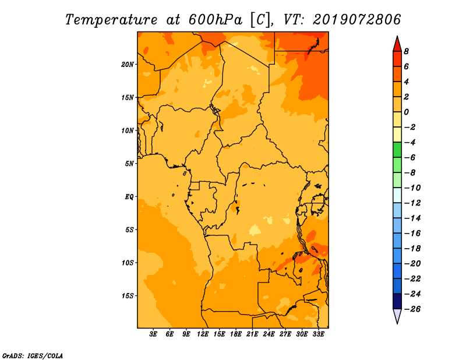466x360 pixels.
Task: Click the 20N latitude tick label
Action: [x=128, y=65]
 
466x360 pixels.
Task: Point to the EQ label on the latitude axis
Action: [x=129, y=197]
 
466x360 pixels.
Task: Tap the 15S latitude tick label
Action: [x=128, y=296]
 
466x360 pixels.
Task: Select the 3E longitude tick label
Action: [x=153, y=334]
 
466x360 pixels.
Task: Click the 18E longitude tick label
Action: [x=236, y=334]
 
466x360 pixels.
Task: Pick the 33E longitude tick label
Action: [x=318, y=334]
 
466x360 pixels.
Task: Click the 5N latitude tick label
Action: [x=129, y=164]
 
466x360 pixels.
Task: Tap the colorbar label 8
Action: [x=406, y=51]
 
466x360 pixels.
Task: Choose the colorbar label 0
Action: [x=406, y=112]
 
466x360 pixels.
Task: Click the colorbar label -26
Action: [x=412, y=309]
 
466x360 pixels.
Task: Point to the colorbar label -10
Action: [x=412, y=188]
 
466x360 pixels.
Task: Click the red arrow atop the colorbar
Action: [x=397, y=44]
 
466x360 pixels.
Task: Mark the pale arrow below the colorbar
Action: [x=397, y=316]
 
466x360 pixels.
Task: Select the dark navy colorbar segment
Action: [x=397, y=301]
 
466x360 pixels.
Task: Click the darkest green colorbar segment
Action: [x=397, y=150]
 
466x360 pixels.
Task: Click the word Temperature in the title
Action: [x=111, y=20]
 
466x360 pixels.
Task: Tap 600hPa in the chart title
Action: [x=216, y=20]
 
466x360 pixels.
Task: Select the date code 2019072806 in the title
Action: [x=357, y=20]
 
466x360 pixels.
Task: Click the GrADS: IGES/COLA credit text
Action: [x=33, y=356]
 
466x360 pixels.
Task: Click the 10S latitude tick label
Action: [x=128, y=263]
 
